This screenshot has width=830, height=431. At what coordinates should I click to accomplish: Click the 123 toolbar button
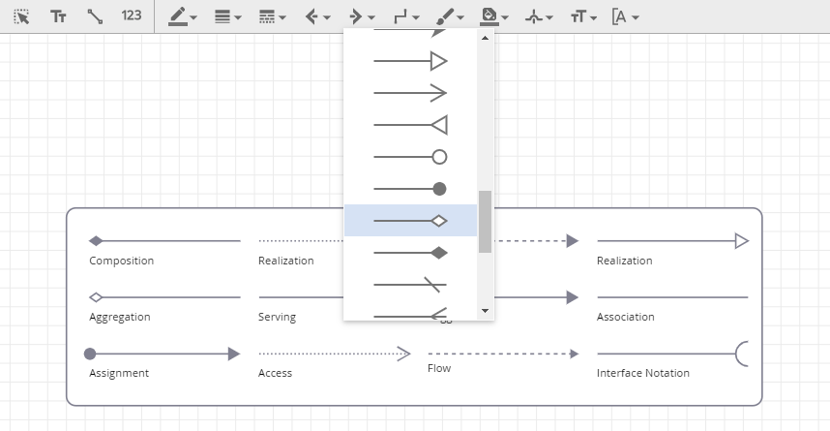click(132, 15)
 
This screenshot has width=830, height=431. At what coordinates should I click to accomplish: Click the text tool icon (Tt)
click(58, 16)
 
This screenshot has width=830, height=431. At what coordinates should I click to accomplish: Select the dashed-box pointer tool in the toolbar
click(21, 17)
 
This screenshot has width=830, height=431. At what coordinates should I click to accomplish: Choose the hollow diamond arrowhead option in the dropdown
click(410, 221)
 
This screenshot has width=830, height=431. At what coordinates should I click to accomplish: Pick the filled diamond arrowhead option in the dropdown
click(410, 253)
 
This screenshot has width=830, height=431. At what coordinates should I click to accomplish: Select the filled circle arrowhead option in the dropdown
click(410, 189)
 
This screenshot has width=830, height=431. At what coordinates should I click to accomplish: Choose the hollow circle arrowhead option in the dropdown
click(410, 157)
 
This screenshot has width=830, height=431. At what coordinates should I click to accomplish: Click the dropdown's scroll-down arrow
click(485, 311)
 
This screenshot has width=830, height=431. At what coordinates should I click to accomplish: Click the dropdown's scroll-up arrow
click(485, 38)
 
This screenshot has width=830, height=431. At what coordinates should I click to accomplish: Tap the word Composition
click(121, 261)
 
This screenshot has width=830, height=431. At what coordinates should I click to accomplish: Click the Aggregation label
click(120, 317)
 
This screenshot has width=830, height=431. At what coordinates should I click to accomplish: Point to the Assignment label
click(119, 373)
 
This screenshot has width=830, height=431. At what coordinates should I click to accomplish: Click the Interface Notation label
click(643, 373)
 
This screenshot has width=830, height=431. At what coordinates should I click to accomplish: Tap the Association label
click(626, 317)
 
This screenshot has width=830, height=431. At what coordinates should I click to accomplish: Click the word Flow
click(439, 368)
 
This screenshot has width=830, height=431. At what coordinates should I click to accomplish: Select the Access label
click(276, 373)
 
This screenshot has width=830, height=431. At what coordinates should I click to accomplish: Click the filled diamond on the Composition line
click(96, 241)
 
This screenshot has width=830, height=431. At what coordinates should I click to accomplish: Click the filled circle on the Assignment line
click(90, 354)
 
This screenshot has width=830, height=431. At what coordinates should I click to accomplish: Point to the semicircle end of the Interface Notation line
click(737, 354)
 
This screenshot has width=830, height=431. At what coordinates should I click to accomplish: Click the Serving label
click(277, 317)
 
